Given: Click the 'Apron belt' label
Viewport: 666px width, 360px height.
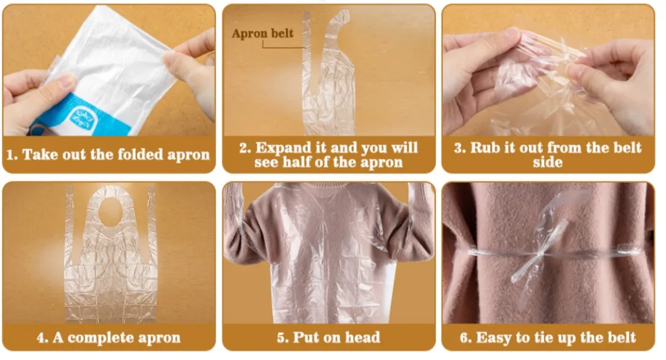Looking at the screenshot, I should [262, 34].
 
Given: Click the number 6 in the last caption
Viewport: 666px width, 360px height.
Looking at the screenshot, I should [464, 337].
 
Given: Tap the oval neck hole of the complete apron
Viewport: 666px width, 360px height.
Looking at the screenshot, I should [109, 210].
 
